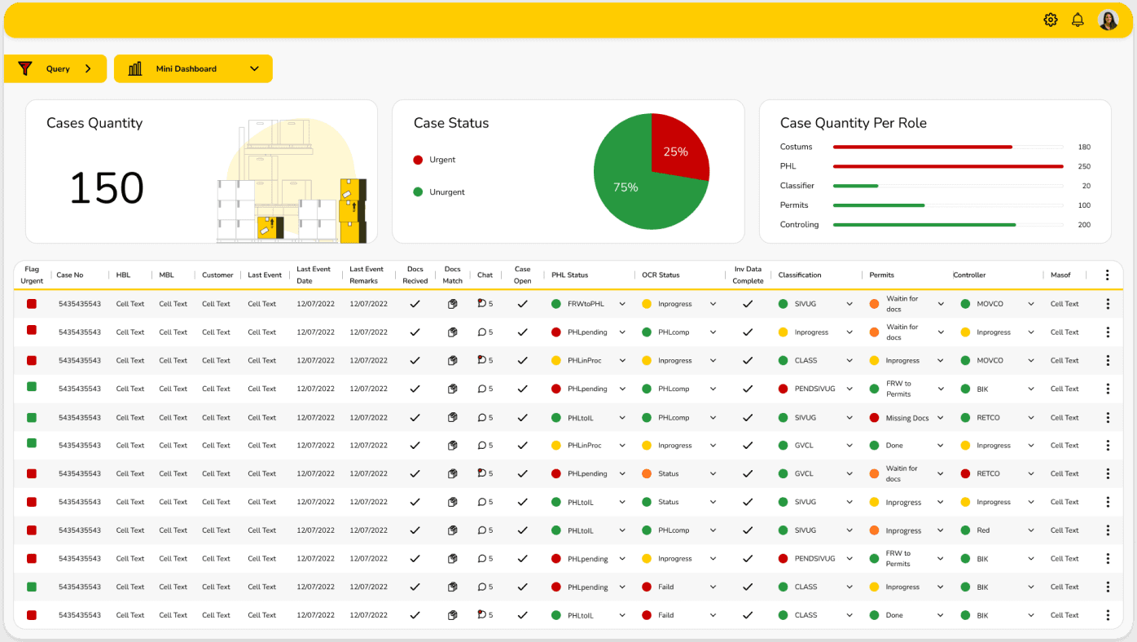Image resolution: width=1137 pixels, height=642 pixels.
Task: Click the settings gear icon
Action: point(1050,20)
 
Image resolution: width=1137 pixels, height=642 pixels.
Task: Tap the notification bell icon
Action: point(1078,20)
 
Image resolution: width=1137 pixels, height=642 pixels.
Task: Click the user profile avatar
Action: point(1108,20)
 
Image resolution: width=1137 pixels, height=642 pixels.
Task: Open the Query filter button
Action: point(55,68)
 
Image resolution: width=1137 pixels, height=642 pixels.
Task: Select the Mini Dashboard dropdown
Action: point(193,68)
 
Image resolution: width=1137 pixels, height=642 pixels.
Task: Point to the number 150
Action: point(107,188)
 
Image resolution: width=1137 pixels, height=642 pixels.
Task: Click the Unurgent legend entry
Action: point(439,192)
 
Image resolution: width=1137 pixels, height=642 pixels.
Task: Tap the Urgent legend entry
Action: point(434,160)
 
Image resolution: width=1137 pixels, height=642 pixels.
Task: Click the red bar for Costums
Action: point(922,147)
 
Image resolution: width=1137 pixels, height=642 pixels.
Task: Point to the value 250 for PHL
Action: point(1084,166)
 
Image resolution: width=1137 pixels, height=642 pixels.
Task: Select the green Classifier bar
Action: point(855,186)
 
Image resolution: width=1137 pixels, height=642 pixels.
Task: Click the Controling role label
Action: point(799,225)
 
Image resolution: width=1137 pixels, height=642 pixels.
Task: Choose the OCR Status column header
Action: point(661,275)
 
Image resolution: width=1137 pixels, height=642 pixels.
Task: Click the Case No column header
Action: point(69,275)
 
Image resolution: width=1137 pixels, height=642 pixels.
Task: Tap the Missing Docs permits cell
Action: point(907,418)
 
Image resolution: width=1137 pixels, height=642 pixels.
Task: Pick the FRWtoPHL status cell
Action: point(586,304)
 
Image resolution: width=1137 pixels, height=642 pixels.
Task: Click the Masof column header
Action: point(1060,275)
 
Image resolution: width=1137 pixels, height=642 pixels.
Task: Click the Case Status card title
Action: point(450,123)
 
